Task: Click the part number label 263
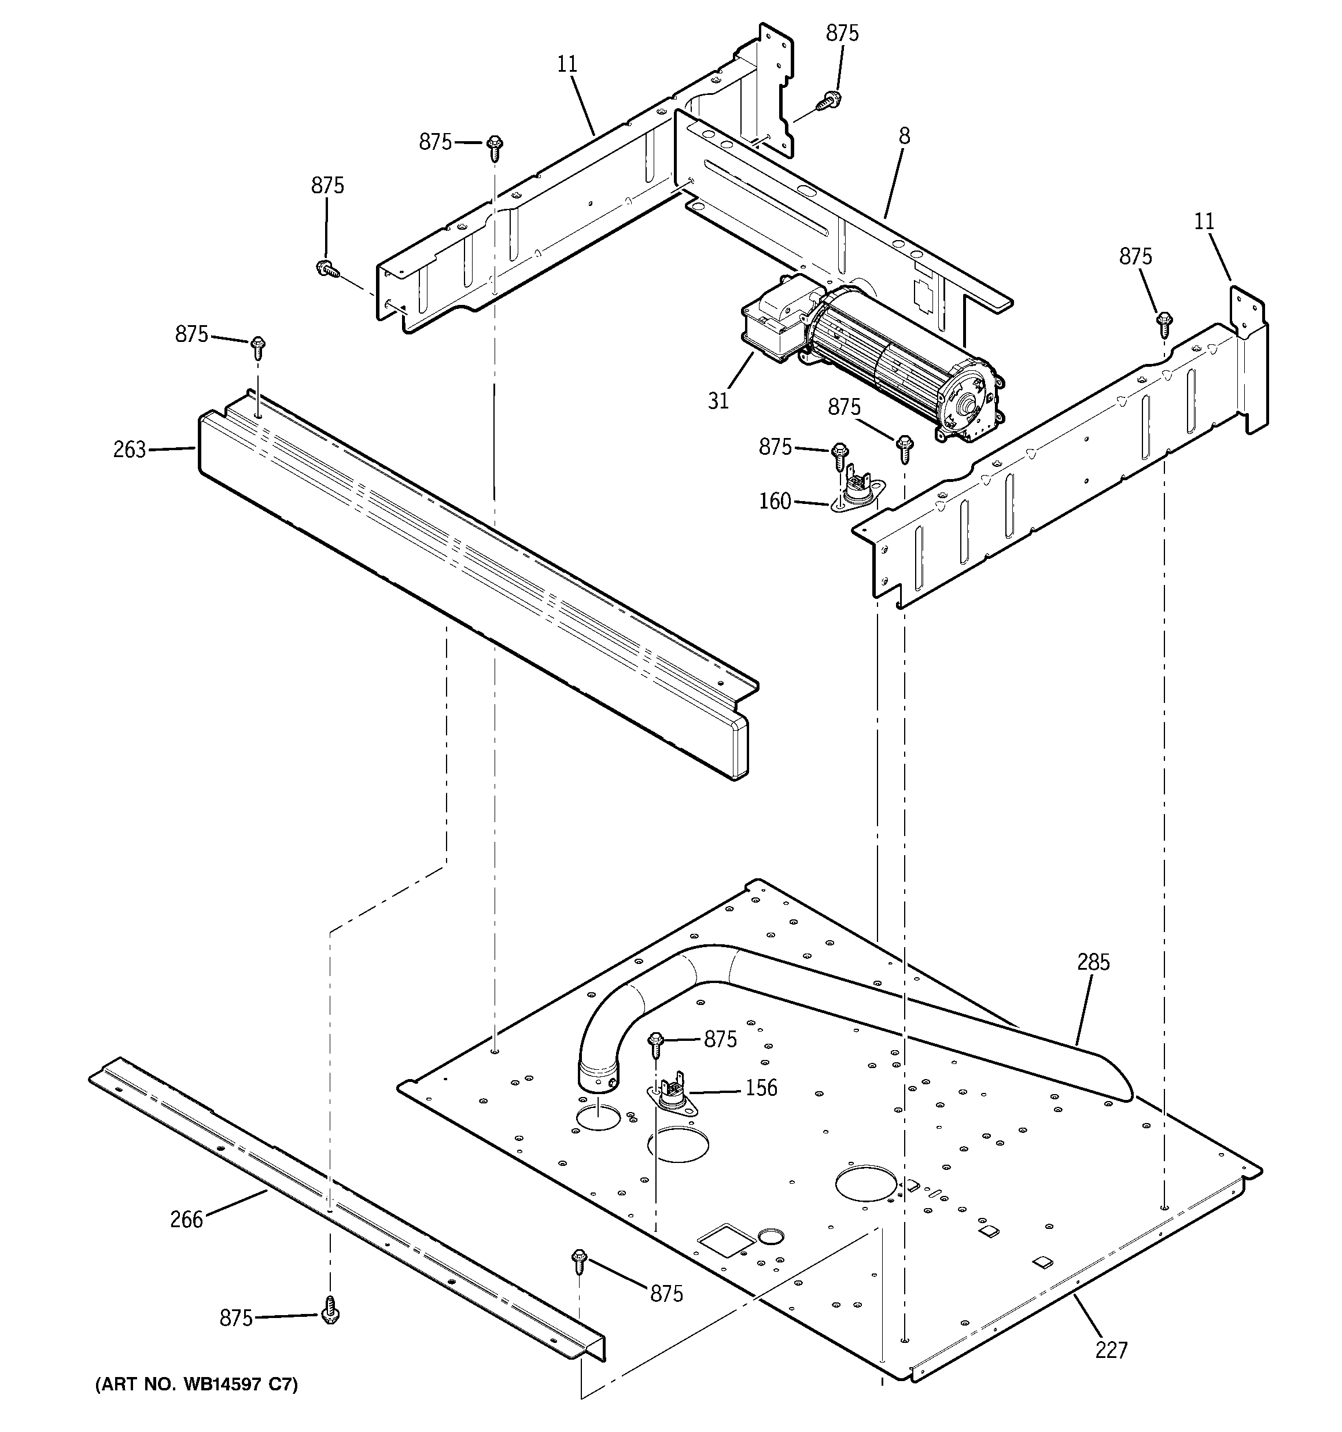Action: (x=130, y=450)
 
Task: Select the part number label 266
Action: (x=187, y=1220)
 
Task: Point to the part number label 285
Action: (x=1093, y=962)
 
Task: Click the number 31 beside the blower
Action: (x=718, y=400)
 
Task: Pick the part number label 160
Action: (x=775, y=500)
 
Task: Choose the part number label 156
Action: (x=761, y=1088)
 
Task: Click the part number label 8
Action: (x=904, y=135)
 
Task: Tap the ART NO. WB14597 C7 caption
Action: (x=196, y=1385)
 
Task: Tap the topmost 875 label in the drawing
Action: (x=842, y=33)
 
